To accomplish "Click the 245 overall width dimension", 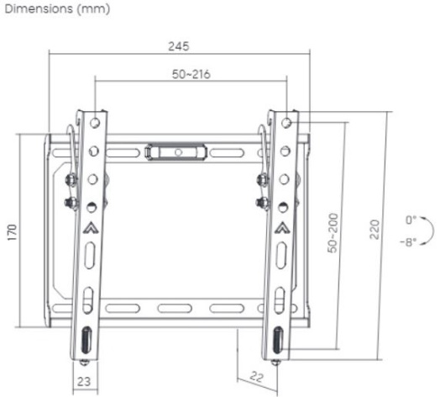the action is (179, 46).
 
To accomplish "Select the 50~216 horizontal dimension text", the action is (191, 74).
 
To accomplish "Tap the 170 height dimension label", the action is (13, 232).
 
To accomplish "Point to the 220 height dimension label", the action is (375, 230).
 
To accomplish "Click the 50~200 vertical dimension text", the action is (333, 233).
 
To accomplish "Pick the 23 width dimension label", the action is (84, 382).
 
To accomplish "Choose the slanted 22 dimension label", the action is (256, 377).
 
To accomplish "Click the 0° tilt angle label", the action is (411, 220).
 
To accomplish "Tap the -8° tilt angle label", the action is (408, 241).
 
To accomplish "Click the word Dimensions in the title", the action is (39, 8).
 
